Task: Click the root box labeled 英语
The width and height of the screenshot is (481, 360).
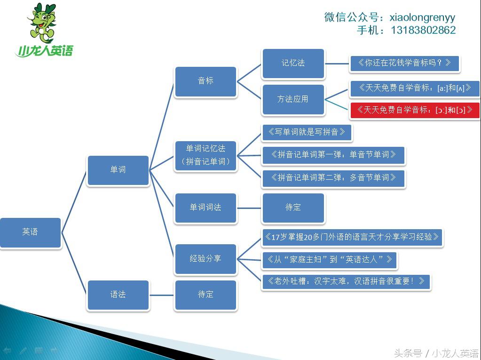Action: click(30, 232)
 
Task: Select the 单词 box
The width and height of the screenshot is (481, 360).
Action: click(118, 170)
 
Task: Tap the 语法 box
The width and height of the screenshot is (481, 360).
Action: click(118, 295)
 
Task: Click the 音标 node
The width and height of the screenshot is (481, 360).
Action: click(205, 81)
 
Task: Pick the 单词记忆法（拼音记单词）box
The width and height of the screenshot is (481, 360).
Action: click(205, 155)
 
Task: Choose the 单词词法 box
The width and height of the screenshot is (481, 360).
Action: click(205, 208)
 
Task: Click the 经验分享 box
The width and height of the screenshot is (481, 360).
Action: click(205, 258)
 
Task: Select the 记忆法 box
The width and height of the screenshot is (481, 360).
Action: click(293, 63)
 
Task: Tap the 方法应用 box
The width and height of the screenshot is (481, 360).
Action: click(293, 99)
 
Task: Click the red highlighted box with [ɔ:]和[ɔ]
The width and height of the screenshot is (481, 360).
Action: click(415, 110)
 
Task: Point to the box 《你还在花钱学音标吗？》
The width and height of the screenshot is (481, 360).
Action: click(404, 63)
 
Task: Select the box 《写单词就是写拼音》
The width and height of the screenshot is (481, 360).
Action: click(307, 132)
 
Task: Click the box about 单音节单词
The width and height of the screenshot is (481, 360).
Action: click(333, 155)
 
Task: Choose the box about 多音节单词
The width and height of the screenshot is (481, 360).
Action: click(333, 178)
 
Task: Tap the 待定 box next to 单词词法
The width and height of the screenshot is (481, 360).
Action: click(293, 208)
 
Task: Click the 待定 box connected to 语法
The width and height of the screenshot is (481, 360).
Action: click(205, 295)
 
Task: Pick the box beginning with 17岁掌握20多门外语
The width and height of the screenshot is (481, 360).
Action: click(352, 237)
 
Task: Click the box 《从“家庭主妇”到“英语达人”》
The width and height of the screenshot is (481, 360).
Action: click(329, 259)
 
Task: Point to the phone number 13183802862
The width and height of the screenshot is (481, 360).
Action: click(421, 30)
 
